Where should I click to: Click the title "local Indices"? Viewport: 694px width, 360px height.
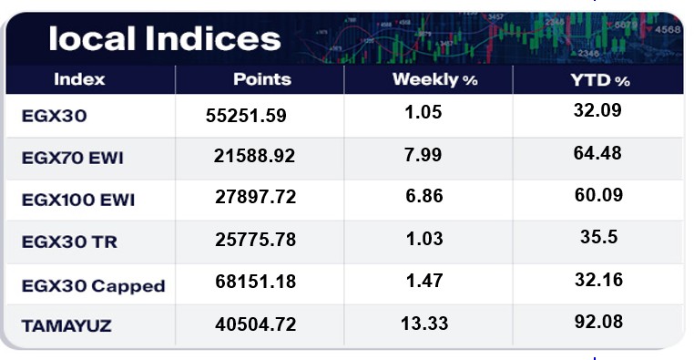pos(165,38)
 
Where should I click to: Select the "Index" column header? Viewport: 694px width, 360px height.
pos(79,79)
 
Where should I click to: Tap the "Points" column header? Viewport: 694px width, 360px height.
pos(262,79)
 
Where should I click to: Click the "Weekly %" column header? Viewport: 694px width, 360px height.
pos(435,79)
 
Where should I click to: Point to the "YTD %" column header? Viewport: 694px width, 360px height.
pos(600,80)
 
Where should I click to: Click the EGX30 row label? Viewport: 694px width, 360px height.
pos(54,116)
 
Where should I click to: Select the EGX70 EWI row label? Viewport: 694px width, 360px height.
pos(73,158)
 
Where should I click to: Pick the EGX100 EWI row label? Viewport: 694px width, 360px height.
pos(78,200)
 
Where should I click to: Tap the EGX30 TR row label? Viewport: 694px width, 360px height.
pos(69,242)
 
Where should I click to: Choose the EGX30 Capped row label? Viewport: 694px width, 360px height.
pos(94,286)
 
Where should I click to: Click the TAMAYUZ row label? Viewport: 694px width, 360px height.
pos(66,326)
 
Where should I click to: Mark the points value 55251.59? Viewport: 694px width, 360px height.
pos(246,116)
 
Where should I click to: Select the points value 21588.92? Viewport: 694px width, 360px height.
pos(254,156)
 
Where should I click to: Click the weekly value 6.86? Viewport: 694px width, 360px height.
pos(424,196)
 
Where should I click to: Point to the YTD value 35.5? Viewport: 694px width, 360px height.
pos(599,237)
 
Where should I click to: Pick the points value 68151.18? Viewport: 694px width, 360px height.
pos(255,282)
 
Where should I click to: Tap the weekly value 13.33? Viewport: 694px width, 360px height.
pos(424,324)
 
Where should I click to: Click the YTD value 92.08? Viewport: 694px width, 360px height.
pos(599,322)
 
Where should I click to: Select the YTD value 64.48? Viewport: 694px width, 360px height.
pos(597,153)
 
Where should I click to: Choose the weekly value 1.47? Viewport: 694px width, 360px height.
pos(424,281)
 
